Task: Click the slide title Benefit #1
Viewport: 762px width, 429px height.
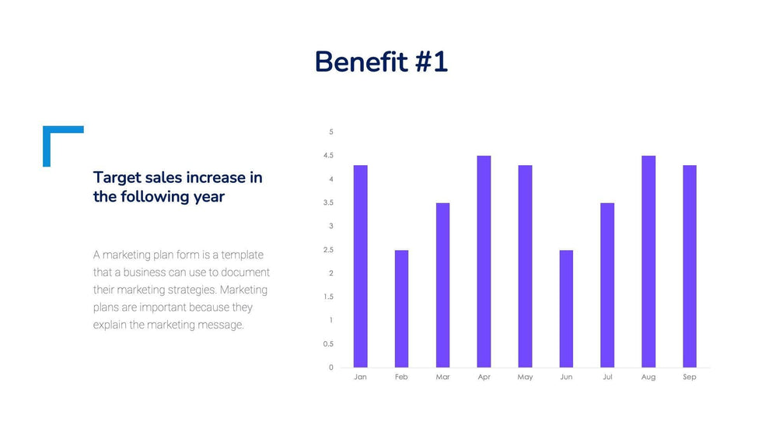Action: [x=381, y=62]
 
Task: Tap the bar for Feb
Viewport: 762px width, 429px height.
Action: [x=401, y=308]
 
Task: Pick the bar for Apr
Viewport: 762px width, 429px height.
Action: [x=484, y=262]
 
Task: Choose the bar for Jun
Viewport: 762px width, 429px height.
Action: [x=566, y=308]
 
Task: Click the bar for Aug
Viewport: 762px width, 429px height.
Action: [x=648, y=262]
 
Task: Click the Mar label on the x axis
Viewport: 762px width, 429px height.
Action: [x=442, y=377]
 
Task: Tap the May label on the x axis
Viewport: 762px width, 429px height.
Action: [x=525, y=377]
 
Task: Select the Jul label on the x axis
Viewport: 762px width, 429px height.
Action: [x=607, y=377]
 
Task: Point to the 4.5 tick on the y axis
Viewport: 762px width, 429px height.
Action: [x=329, y=156]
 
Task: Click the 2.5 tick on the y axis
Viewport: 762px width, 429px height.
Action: [x=329, y=250]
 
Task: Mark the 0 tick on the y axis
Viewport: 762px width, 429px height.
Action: [x=330, y=367]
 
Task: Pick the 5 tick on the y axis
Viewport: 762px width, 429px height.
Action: [x=330, y=132]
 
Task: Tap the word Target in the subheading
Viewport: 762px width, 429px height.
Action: [x=117, y=178]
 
